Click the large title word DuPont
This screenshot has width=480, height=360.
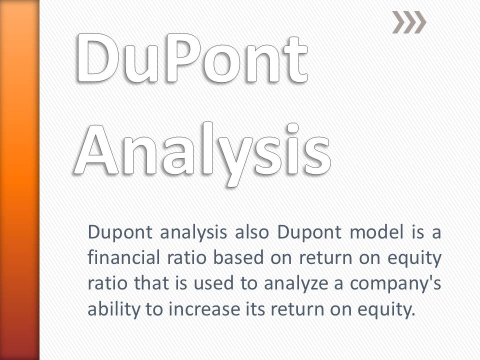pos(192,58)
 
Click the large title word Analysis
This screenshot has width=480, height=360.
pos(202,153)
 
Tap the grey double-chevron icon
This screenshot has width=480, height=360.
pos(409,22)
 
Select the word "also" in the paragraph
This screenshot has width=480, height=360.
pos(251,232)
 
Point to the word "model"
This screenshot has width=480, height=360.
pos(376,232)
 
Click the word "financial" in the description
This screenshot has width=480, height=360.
pos(123,257)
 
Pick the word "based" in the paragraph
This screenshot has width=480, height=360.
pos(238,257)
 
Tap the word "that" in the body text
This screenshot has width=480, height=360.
pos(151,283)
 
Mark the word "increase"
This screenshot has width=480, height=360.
pos(204,309)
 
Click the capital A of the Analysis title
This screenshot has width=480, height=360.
pos(96,150)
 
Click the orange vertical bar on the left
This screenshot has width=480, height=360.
pos(19,180)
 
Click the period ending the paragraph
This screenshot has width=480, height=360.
pos(413,314)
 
